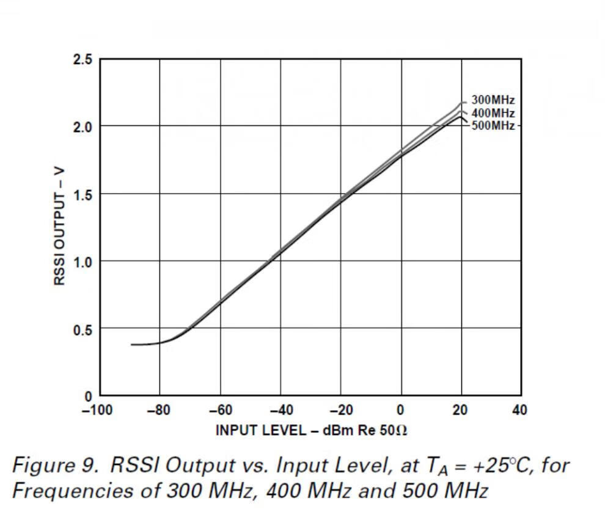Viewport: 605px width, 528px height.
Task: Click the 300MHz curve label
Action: [493, 100]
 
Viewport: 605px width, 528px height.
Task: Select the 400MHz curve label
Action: [493, 113]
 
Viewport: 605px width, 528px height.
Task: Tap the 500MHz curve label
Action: [493, 126]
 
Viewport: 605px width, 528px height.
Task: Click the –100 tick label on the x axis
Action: [97, 410]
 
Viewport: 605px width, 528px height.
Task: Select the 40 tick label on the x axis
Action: [519, 410]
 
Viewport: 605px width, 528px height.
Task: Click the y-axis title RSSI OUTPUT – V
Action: [59, 226]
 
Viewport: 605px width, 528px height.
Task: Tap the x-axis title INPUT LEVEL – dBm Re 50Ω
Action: [311, 430]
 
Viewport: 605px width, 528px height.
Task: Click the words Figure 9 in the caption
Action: [54, 466]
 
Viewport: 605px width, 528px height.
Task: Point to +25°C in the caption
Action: [483, 466]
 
